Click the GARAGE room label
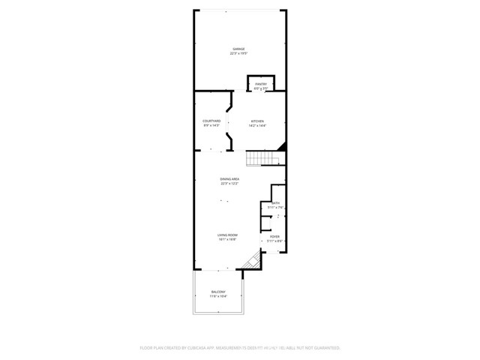[x=239, y=49]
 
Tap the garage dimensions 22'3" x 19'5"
[x=239, y=54]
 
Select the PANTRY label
[x=261, y=84]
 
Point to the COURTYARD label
[x=211, y=121]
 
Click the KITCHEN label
[x=258, y=121]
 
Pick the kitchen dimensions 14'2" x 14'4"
[x=258, y=125]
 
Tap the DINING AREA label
[x=229, y=178]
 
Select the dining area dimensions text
[x=229, y=183]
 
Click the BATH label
[x=275, y=203]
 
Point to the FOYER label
[x=275, y=236]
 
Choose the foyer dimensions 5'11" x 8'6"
[x=275, y=241]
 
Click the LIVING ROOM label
[x=227, y=235]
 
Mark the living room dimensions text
[x=227, y=240]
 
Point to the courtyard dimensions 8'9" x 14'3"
[x=211, y=125]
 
